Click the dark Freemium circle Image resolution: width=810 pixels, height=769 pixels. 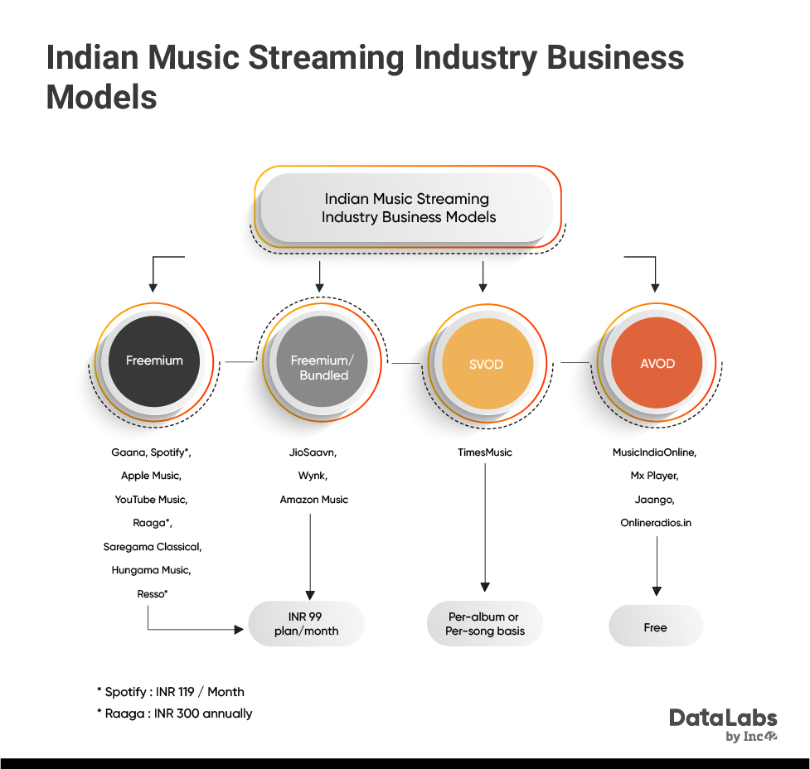(154, 361)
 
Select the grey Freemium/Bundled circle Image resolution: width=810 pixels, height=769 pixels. (322, 361)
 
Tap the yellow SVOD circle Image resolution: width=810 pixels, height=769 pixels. (487, 363)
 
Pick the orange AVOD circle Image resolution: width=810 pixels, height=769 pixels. (657, 363)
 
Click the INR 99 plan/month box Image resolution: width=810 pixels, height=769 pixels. (306, 623)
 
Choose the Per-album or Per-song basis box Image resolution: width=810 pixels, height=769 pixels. (485, 623)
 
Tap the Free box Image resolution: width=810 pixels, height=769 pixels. (656, 626)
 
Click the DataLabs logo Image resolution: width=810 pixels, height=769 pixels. (723, 724)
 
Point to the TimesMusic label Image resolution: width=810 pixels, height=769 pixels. (484, 452)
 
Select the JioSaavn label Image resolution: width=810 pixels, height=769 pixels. (313, 452)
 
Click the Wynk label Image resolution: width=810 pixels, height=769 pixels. (313, 476)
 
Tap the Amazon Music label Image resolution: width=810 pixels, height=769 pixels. (314, 500)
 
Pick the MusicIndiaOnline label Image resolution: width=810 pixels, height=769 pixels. (654, 452)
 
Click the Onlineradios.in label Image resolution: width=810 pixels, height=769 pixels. (656, 523)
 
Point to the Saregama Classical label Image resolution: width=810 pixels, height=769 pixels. (153, 546)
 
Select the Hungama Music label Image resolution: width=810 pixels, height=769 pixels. (152, 570)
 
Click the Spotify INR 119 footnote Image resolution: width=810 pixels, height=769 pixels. (171, 692)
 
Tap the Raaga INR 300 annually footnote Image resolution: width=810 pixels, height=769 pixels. (175, 713)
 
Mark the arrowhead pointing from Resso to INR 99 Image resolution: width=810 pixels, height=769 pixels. (239, 630)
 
